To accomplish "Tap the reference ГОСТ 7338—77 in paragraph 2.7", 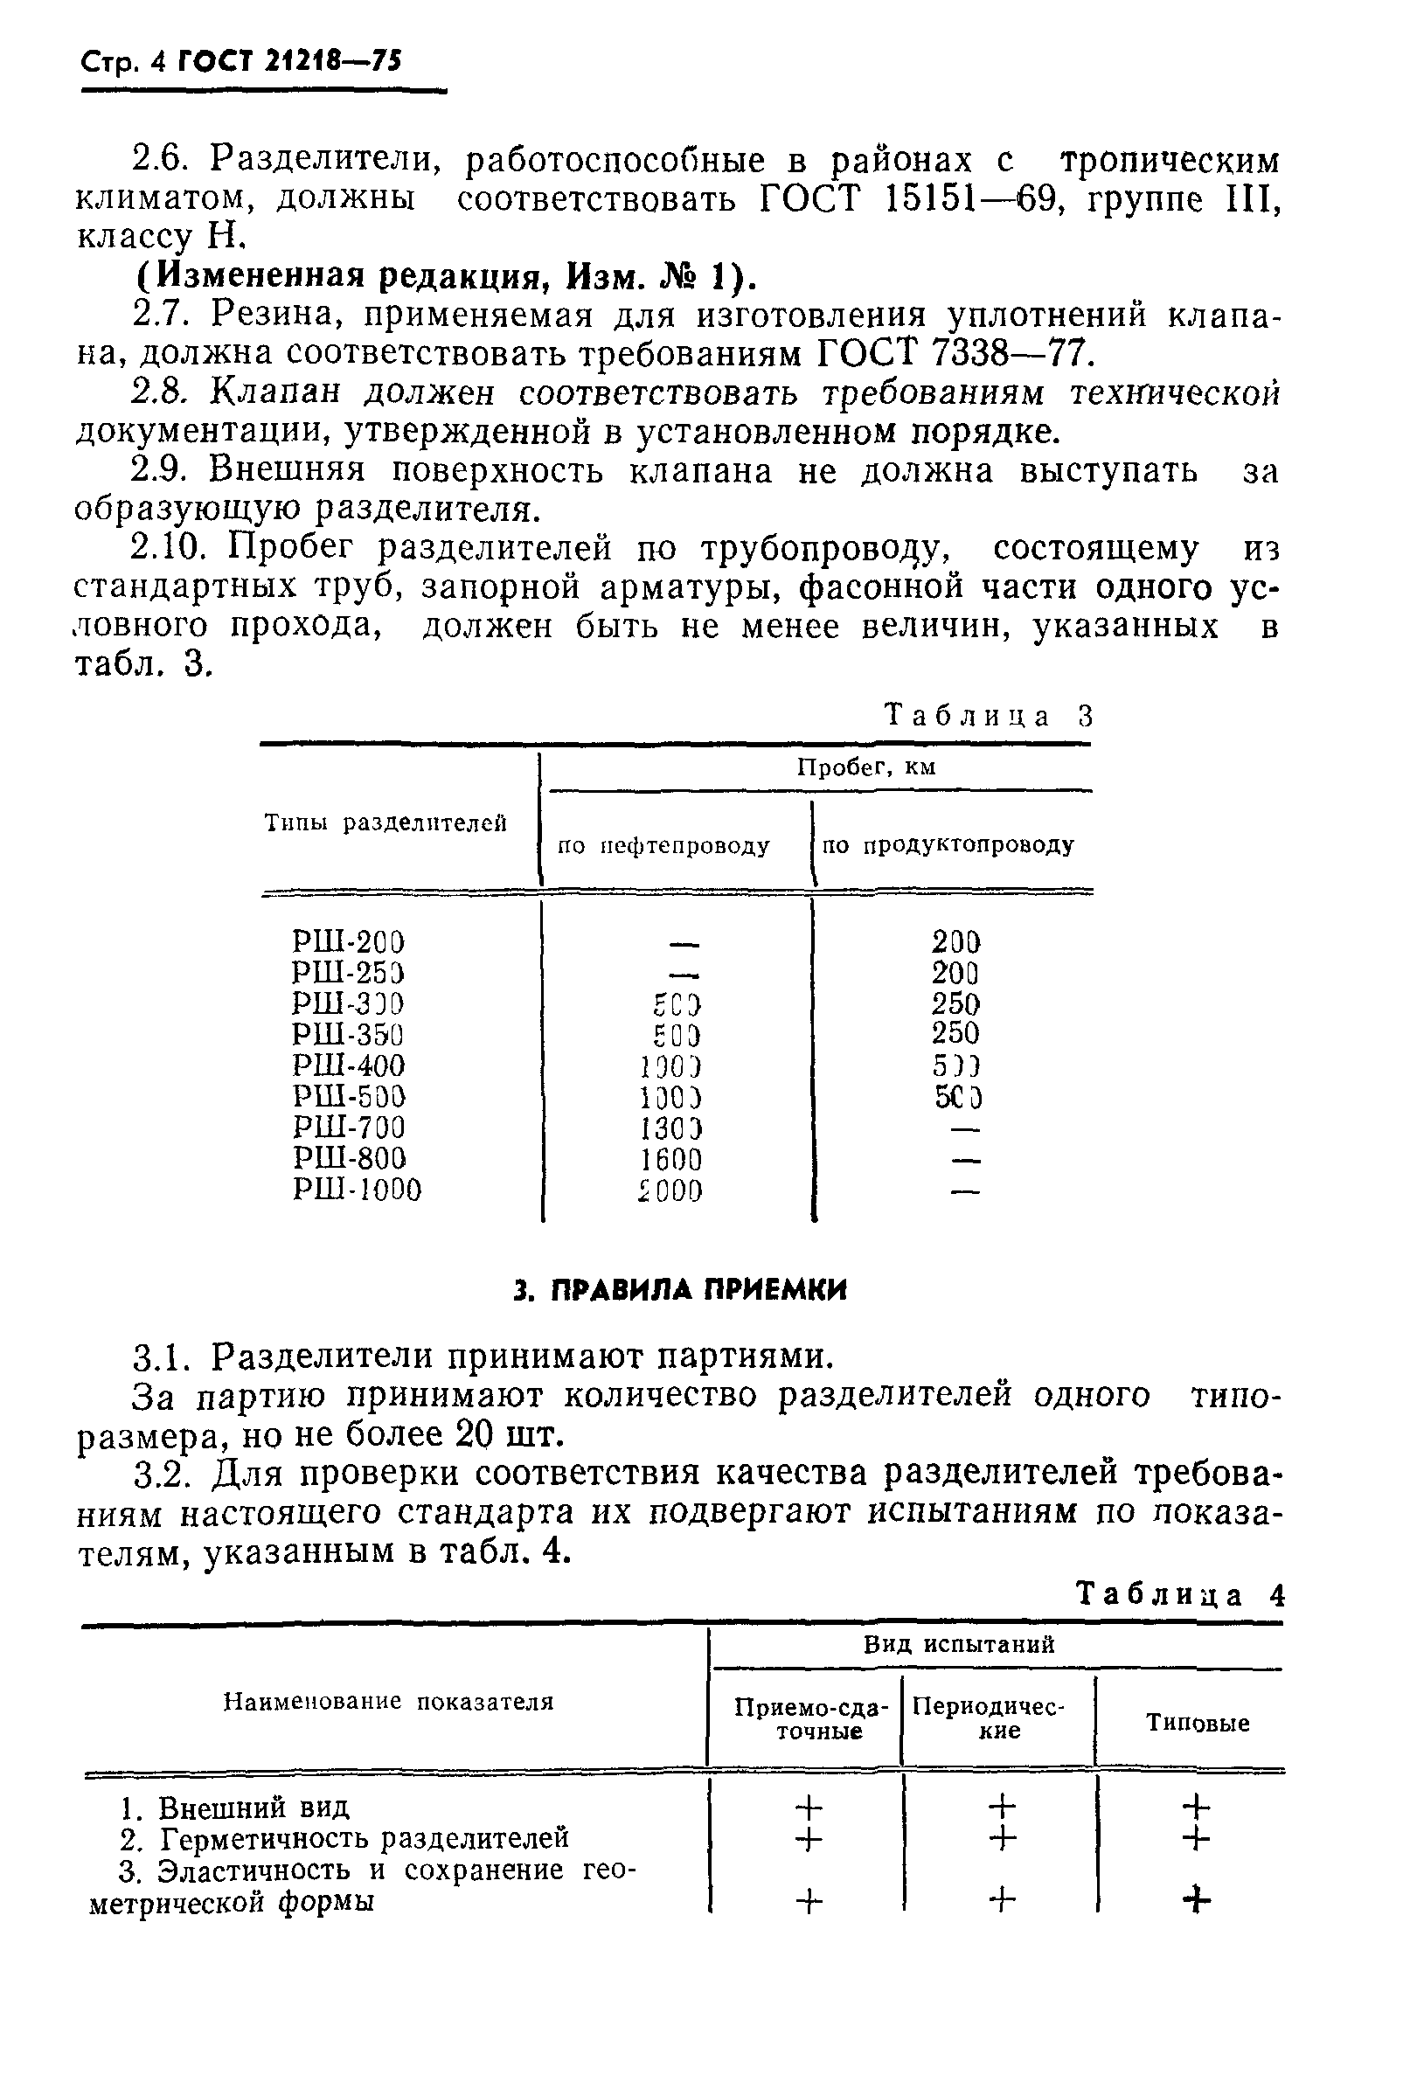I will tap(955, 355).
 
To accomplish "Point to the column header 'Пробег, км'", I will tap(865, 768).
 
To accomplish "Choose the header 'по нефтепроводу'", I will tap(663, 844).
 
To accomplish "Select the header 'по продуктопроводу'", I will tap(948, 844).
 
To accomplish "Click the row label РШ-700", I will tap(348, 1128).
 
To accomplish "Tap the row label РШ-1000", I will tap(357, 1190).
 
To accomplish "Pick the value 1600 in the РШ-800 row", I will tap(670, 1159).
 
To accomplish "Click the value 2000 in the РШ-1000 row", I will tap(670, 1190).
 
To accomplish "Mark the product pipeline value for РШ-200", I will tap(955, 941).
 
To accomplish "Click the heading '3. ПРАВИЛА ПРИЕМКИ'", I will tap(680, 1289).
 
